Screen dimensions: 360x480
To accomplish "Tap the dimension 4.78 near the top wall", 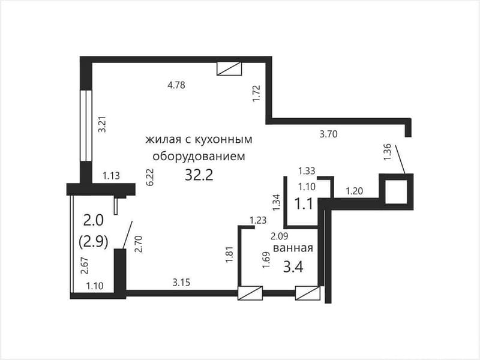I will (176, 85).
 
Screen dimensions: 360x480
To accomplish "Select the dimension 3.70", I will (329, 134).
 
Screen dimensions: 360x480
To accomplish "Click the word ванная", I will (293, 247).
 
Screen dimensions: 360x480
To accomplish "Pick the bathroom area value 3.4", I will (293, 265).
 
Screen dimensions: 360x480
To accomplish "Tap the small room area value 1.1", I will (305, 203).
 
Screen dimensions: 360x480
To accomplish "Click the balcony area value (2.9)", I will (94, 242).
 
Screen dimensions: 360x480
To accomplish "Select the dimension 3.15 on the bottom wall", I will (182, 282).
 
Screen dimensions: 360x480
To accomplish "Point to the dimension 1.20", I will (354, 191).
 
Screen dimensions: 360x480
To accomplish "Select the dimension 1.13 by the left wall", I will (112, 176).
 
